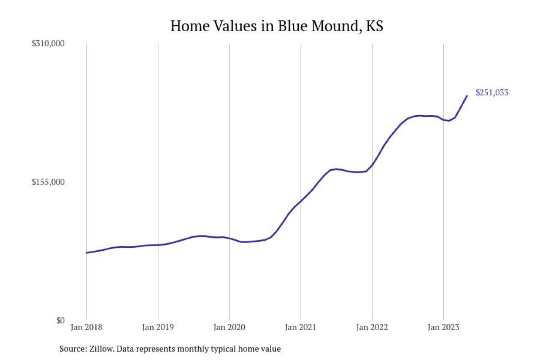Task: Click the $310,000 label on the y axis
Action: [x=48, y=43]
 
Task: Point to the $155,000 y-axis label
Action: [x=48, y=182]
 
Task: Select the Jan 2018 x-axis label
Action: [x=86, y=327]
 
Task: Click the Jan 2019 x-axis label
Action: [x=158, y=327]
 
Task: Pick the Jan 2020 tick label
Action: [x=229, y=327]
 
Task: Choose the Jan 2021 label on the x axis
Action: [x=300, y=327]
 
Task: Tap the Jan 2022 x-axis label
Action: [x=372, y=327]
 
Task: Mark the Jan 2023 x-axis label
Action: [x=443, y=327]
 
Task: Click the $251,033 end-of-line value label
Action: [x=492, y=93]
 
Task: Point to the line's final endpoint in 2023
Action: [x=467, y=96]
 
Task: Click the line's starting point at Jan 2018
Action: [x=86, y=253]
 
